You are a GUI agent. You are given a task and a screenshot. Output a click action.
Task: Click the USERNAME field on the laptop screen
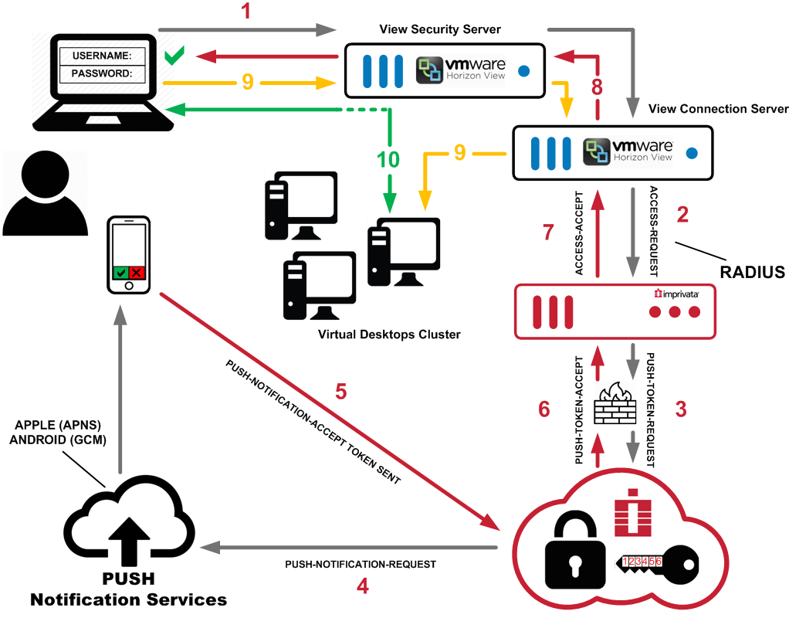pyautogui.click(x=103, y=56)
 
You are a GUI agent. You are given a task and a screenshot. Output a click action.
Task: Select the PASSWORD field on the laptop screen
pyautogui.click(x=103, y=74)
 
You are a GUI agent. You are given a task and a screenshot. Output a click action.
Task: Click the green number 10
pyautogui.click(x=388, y=161)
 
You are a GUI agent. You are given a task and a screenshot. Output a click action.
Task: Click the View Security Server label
pyautogui.click(x=440, y=29)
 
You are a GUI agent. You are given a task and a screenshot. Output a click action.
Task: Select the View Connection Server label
pyautogui.click(x=718, y=108)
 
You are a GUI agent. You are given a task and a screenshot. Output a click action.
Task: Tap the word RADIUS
pyautogui.click(x=751, y=272)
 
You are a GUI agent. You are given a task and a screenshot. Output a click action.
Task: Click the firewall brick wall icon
pyautogui.click(x=615, y=404)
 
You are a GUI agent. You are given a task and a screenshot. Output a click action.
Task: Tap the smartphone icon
pyautogui.click(x=128, y=255)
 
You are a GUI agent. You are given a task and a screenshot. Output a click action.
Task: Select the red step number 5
pyautogui.click(x=340, y=391)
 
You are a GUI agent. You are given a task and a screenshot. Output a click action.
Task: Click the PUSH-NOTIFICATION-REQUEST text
pyautogui.click(x=361, y=565)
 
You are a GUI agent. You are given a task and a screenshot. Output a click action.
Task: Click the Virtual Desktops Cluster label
pyautogui.click(x=389, y=334)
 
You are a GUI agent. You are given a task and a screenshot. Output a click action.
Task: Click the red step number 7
pyautogui.click(x=548, y=233)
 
